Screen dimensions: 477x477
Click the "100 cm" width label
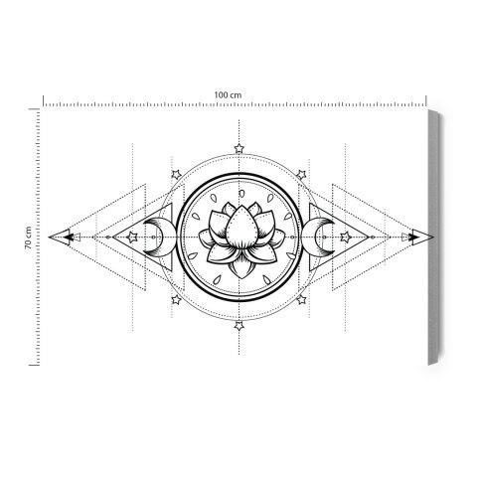tap(228, 93)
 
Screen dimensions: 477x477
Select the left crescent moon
tap(155, 237)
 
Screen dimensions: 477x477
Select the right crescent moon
tap(321, 237)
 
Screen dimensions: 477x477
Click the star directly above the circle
tap(238, 149)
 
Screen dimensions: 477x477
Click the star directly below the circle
tap(238, 324)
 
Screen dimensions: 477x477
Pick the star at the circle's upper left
tap(177, 175)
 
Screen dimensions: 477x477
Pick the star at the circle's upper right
tap(300, 175)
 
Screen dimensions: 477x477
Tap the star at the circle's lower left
tap(177, 298)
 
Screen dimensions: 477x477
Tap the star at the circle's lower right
tap(300, 298)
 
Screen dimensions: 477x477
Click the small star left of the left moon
tap(131, 237)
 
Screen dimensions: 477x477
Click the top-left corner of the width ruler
tap(43, 100)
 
